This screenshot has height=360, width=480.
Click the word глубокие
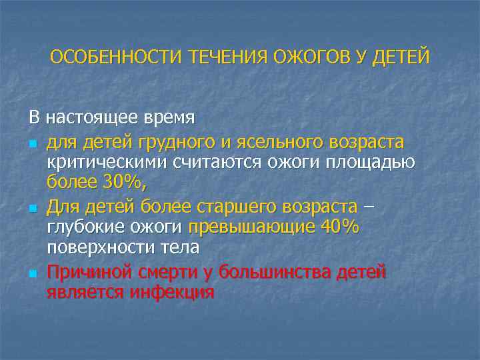[x=83, y=227]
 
